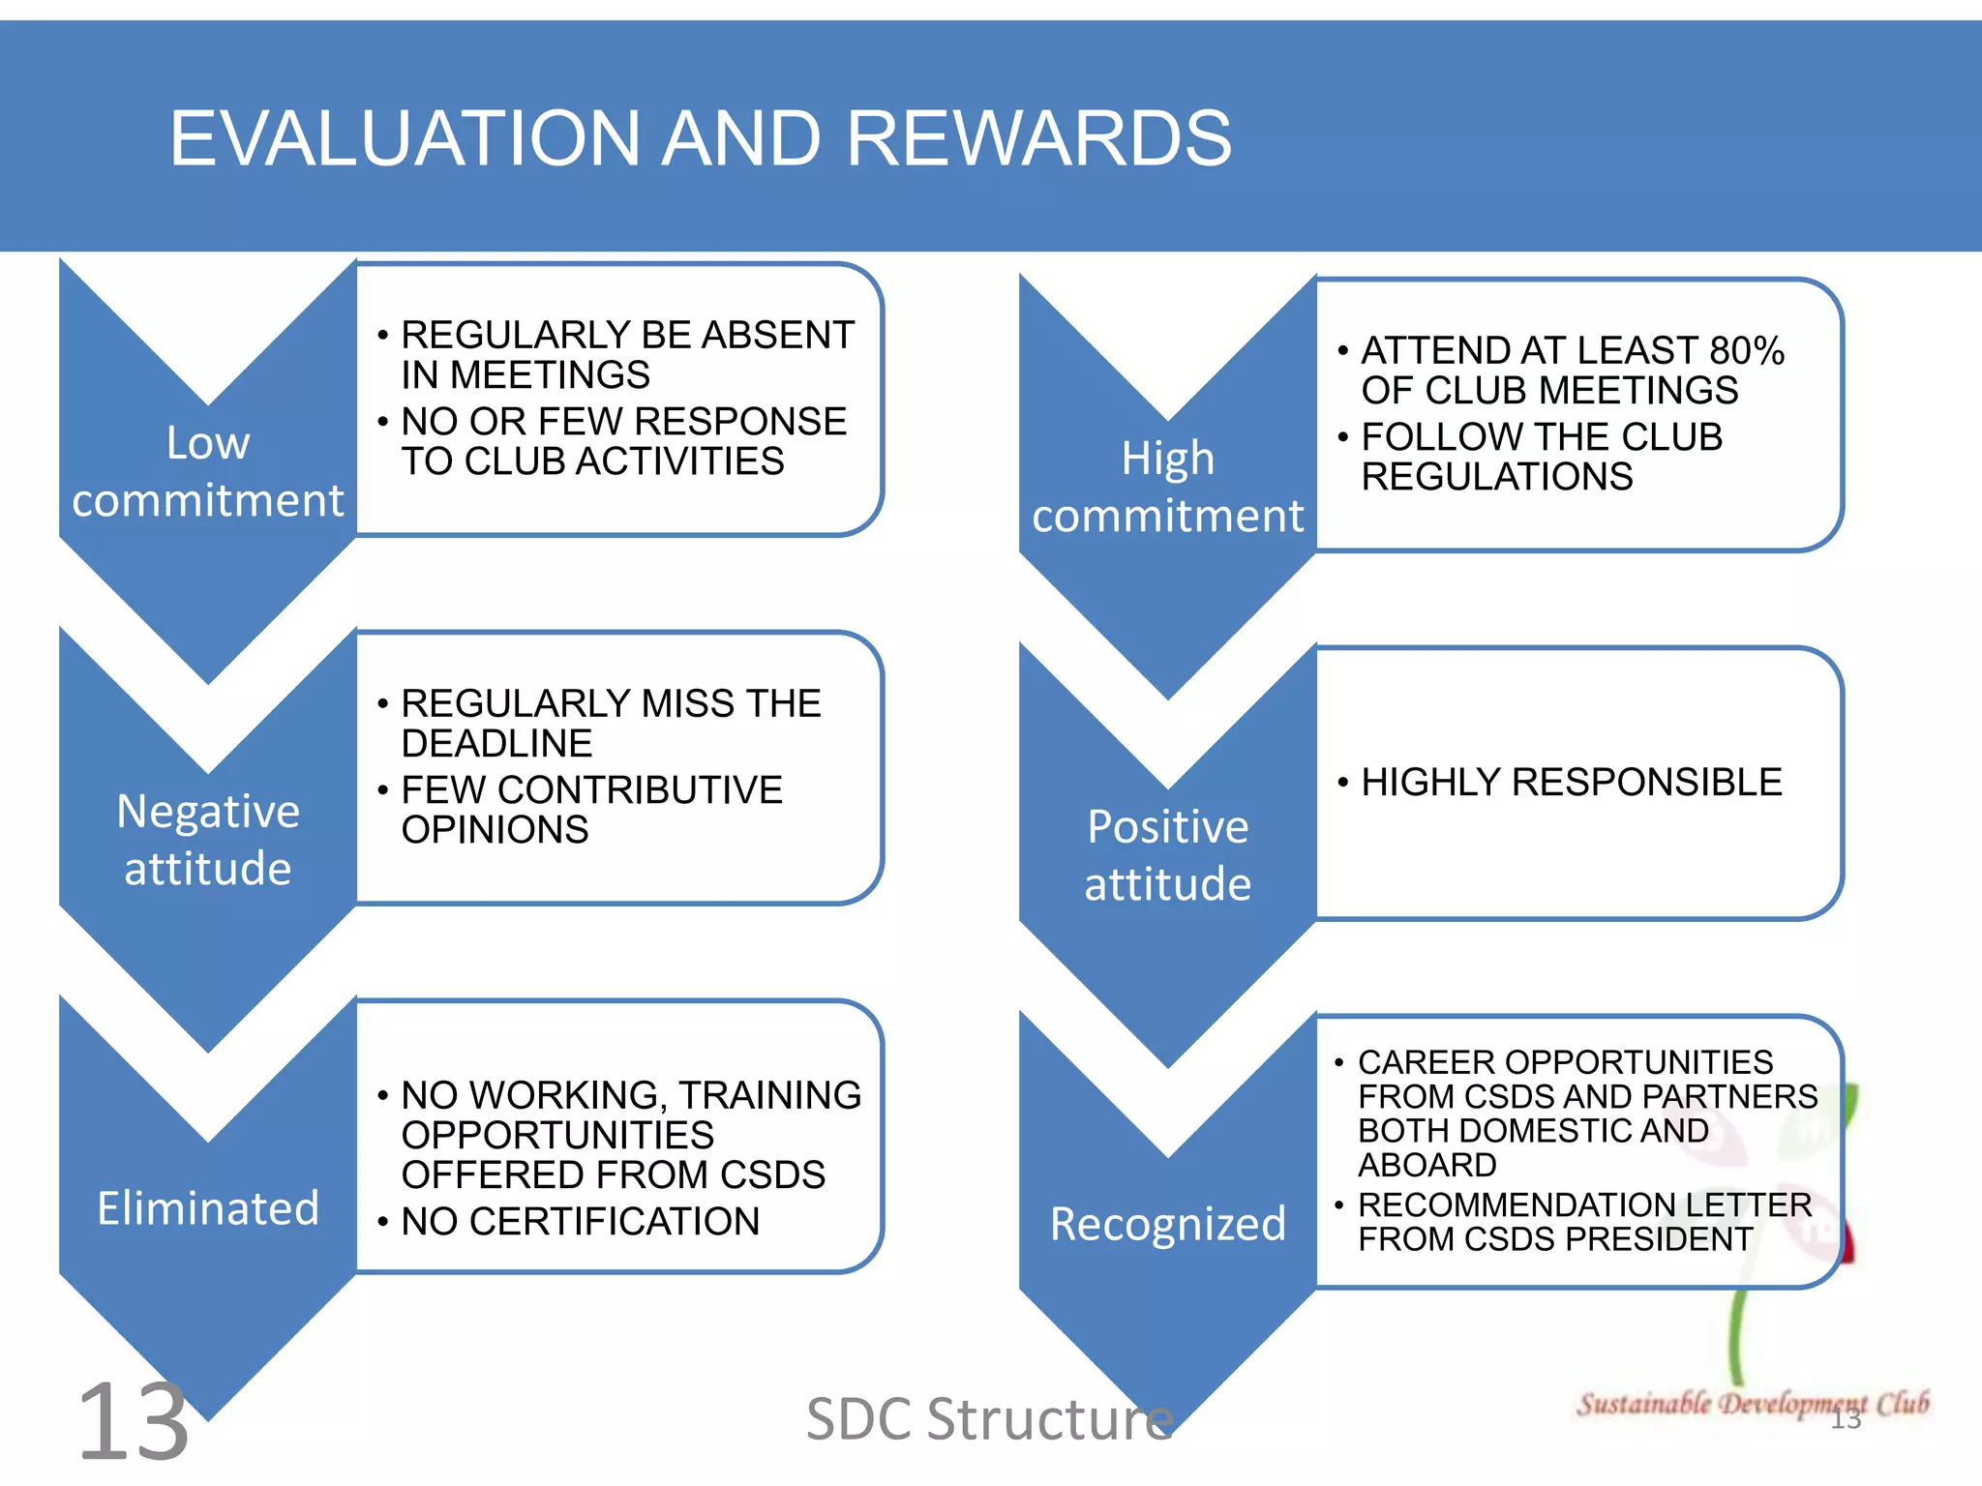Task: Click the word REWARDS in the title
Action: point(1038,138)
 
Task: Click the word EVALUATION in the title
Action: point(405,138)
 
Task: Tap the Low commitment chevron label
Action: point(208,472)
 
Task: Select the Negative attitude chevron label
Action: point(208,840)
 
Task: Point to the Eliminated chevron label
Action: point(208,1208)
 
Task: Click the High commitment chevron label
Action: point(1168,487)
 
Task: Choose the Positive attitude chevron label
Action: point(1168,855)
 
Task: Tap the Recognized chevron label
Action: point(1168,1224)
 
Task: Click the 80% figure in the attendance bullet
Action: point(1747,351)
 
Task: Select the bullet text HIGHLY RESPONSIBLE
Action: point(1571,782)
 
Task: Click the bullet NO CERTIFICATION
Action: point(581,1222)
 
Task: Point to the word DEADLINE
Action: point(496,744)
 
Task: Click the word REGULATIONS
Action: point(1497,477)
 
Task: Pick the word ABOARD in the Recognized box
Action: point(1427,1165)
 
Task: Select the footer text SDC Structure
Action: point(989,1419)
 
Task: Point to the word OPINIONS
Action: point(495,830)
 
